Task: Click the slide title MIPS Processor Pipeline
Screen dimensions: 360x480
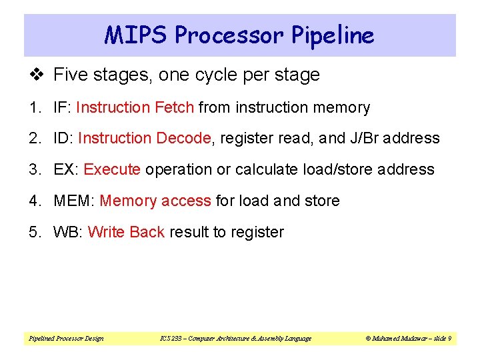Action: click(x=239, y=35)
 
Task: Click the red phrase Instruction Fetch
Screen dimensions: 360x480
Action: click(x=135, y=107)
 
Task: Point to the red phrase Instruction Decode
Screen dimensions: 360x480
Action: click(x=144, y=139)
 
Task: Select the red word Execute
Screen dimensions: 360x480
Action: click(x=112, y=170)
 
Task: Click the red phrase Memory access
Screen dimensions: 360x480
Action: click(x=155, y=201)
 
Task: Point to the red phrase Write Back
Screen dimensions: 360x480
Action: click(x=126, y=233)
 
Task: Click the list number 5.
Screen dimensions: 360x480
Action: click(x=33, y=233)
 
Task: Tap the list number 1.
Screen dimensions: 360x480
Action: click(x=33, y=107)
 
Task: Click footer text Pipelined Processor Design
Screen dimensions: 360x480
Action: click(x=66, y=339)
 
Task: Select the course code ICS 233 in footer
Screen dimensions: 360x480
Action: click(x=170, y=339)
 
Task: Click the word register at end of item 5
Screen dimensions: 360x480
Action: click(x=257, y=233)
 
